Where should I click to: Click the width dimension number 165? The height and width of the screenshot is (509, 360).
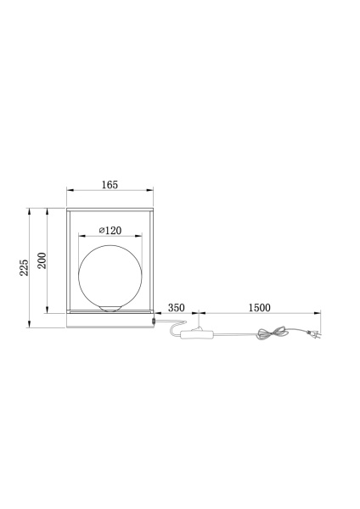point(110,184)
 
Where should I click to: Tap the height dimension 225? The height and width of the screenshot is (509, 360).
point(25,266)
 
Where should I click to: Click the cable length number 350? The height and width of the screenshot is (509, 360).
point(176,307)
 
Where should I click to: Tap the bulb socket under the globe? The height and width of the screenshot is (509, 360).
point(110,307)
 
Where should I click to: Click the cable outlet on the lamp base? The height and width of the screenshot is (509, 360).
point(154,321)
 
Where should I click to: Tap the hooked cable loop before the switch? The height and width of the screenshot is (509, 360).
point(174,327)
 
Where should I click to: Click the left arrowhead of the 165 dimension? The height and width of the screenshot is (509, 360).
point(70,191)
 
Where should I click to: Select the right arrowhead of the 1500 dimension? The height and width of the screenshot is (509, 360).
point(317,315)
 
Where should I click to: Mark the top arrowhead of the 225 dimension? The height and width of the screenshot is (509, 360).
point(31,208)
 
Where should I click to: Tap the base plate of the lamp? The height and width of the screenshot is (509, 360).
point(110,321)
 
